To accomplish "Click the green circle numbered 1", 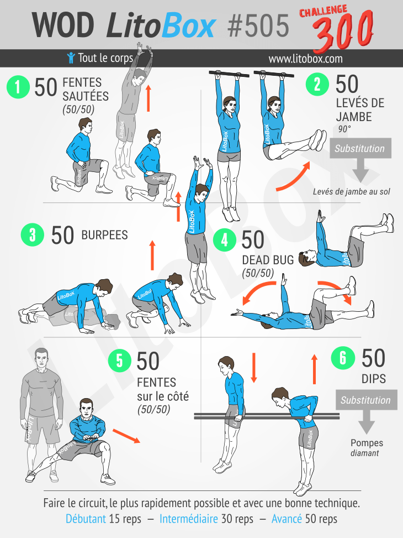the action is pyautogui.click(x=18, y=87).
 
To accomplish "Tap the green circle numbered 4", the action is pyautogui.click(x=225, y=240).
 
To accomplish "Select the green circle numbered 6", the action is pyautogui.click(x=343, y=358).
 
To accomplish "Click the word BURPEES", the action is pyautogui.click(x=104, y=235).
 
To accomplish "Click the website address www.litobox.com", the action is pyautogui.click(x=305, y=59).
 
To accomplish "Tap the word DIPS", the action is pyautogui.click(x=374, y=379).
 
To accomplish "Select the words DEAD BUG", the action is pyautogui.click(x=268, y=260).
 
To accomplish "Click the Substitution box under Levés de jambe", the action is pyautogui.click(x=360, y=148).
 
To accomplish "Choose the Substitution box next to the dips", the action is pyautogui.click(x=366, y=400).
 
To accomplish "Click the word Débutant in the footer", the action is pyautogui.click(x=86, y=519).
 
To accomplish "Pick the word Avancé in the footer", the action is pyautogui.click(x=287, y=519).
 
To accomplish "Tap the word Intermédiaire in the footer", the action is pyautogui.click(x=188, y=519).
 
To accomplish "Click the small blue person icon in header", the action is pyautogui.click(x=71, y=58).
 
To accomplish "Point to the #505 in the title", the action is pyautogui.click(x=258, y=26).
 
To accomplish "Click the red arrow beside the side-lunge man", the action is pyautogui.click(x=126, y=436).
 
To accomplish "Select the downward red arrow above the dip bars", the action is pyautogui.click(x=254, y=368).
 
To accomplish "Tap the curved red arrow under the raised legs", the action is pyautogui.click(x=293, y=177).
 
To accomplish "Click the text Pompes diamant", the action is pyautogui.click(x=367, y=448).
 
